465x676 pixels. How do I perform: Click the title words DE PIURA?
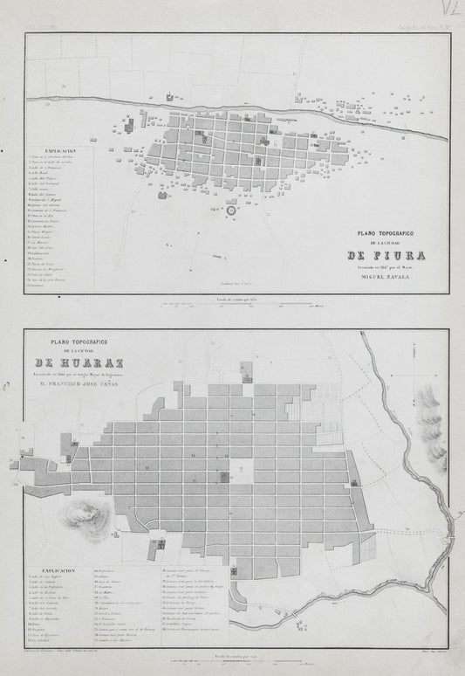(x=386, y=255)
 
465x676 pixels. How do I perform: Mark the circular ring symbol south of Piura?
(x=231, y=210)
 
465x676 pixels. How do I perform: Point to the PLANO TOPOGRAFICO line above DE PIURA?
(x=386, y=233)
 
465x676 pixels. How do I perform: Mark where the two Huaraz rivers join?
(x=450, y=521)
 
